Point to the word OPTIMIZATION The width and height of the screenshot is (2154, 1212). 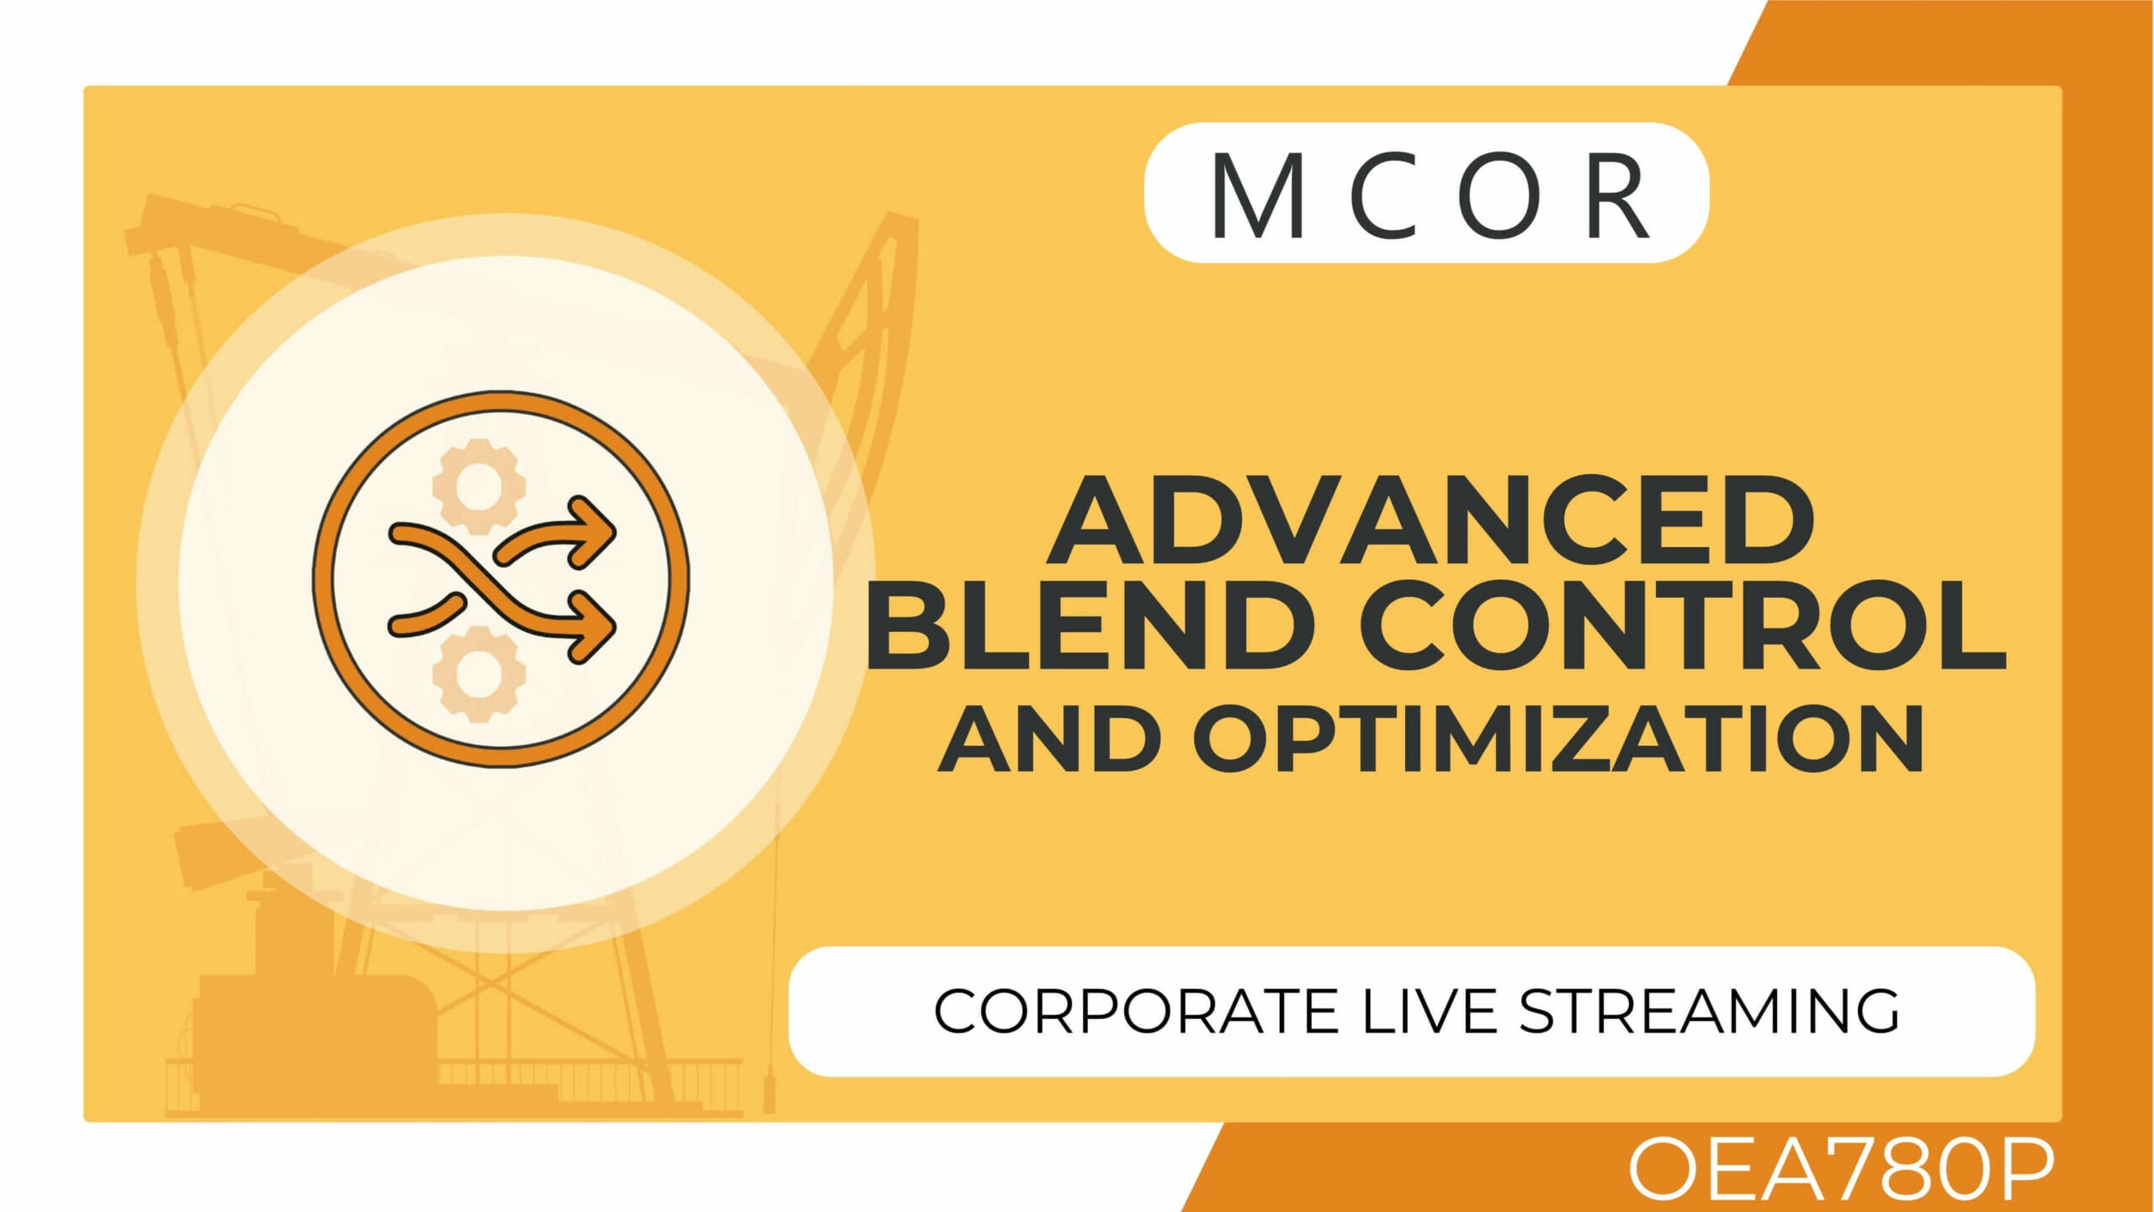pos(1560,737)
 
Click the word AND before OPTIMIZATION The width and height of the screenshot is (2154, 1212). pos(1048,737)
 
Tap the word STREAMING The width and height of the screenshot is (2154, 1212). pos(1709,1011)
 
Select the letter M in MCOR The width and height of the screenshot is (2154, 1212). pos(1259,195)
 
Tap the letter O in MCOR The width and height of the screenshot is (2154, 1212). pos(1503,195)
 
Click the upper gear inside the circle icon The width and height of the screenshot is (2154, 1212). pos(479,486)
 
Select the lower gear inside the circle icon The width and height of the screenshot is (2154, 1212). pos(479,673)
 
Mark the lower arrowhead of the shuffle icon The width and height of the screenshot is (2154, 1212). pos(594,625)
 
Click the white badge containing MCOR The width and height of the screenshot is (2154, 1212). pos(1427,193)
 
